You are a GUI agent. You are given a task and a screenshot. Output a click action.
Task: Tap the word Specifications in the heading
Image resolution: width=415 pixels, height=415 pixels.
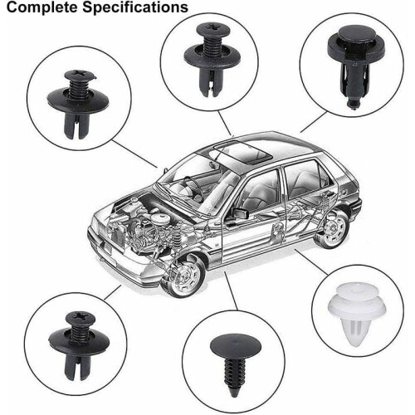pyautogui.click(x=135, y=7)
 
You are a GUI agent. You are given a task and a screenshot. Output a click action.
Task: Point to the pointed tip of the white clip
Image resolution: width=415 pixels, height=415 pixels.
pyautogui.click(x=355, y=345)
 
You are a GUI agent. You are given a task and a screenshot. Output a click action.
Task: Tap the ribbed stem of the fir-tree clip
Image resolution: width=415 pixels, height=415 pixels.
pyautogui.click(x=235, y=372)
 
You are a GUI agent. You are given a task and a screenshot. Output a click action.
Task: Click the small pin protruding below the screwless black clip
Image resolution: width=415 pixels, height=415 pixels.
pyautogui.click(x=353, y=104)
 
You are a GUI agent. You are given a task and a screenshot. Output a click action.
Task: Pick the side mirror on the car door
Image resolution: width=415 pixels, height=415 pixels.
pyautogui.click(x=240, y=213)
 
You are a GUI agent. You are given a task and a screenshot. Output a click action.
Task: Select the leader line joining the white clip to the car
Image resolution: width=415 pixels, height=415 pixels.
pyautogui.click(x=311, y=262)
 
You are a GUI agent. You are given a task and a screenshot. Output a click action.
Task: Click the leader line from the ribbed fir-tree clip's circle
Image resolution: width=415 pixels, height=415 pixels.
pyautogui.click(x=231, y=290)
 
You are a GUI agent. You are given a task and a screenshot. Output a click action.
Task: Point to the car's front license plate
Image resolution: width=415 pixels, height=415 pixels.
pyautogui.click(x=108, y=247)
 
